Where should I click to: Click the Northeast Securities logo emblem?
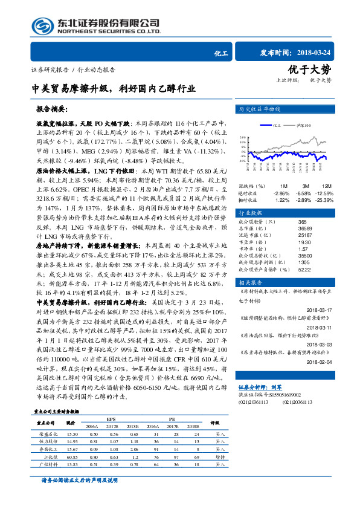tap(42, 26)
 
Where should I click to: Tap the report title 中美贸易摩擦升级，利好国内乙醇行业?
tap(114, 88)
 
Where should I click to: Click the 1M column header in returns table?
tap(284, 186)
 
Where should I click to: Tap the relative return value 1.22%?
tap(282, 199)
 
